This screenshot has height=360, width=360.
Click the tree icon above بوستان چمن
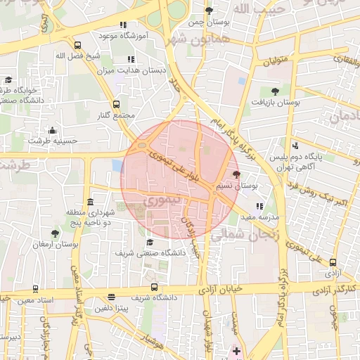pyautogui.click(x=209, y=11)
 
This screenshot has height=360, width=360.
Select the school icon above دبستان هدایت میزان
pyautogui.click(x=130, y=60)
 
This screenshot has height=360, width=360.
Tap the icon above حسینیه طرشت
pyautogui.click(x=52, y=130)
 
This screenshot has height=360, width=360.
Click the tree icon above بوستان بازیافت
pyautogui.click(x=274, y=91)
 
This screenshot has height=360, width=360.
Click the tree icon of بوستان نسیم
pyautogui.click(x=236, y=174)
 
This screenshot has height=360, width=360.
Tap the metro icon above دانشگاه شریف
pyautogui.click(x=154, y=287)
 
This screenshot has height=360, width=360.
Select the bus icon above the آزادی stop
pyautogui.click(x=333, y=262)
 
